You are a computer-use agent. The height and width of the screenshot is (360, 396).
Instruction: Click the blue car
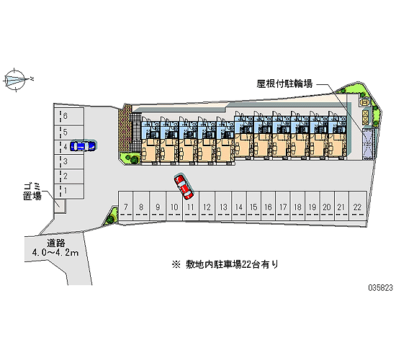click(x=83, y=146)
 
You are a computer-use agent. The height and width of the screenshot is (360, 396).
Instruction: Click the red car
click(x=184, y=186)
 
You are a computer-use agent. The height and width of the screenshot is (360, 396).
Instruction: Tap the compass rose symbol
click(x=16, y=80)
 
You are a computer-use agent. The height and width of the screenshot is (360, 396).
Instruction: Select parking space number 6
click(x=68, y=116)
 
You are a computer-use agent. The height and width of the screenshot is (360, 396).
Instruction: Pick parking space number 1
click(x=68, y=191)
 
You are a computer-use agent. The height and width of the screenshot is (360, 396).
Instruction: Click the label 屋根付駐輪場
click(x=284, y=84)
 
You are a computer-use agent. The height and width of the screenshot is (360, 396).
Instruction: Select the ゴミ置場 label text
click(x=32, y=192)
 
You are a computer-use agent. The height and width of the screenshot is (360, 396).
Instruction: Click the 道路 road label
click(x=56, y=243)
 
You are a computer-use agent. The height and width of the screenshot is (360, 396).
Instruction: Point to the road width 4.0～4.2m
click(x=55, y=252)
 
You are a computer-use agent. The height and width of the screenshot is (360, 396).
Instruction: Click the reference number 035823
click(x=381, y=288)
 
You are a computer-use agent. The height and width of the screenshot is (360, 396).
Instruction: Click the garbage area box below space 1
click(x=60, y=206)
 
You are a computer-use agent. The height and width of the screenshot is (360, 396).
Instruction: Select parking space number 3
click(x=68, y=162)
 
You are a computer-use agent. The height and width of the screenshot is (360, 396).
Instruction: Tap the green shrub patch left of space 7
click(x=112, y=216)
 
